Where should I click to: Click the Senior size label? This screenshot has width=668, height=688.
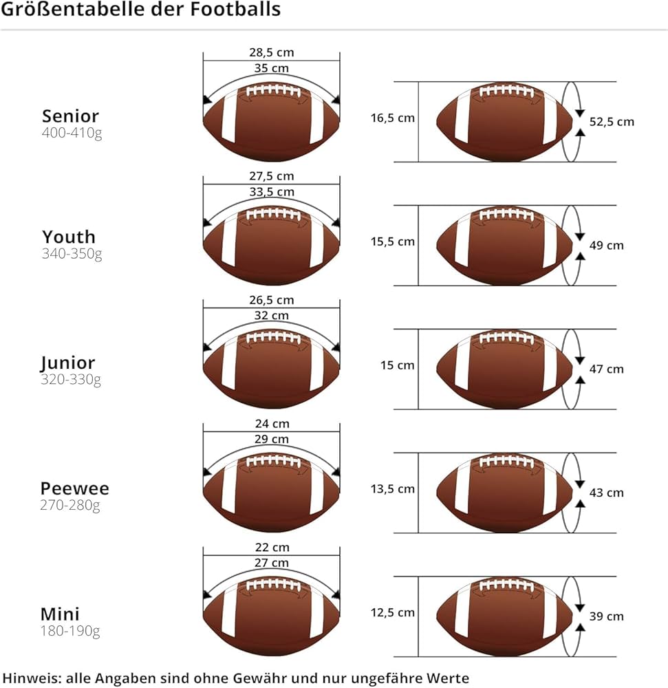tap(70, 116)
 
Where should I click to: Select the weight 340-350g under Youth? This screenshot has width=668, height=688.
tap(72, 254)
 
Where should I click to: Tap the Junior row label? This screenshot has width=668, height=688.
tap(67, 363)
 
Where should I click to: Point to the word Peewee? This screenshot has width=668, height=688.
tap(74, 489)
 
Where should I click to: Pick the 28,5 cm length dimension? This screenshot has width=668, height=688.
tap(271, 52)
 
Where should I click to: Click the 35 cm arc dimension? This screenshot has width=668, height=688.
tap(271, 68)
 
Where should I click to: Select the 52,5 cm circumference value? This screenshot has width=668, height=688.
tap(612, 122)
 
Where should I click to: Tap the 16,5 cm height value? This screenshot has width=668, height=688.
tap(393, 118)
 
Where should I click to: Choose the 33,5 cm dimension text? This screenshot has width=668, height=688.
tap(271, 192)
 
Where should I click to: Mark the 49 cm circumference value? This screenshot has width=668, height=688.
tap(606, 245)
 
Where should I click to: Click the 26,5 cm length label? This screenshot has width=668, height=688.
tap(271, 300)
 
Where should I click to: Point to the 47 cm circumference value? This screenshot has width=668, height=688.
tap(606, 369)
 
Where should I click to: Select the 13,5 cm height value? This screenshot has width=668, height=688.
tap(393, 488)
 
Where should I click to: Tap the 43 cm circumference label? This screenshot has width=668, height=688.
tap(606, 493)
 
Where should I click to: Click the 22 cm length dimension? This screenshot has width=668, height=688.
tap(271, 548)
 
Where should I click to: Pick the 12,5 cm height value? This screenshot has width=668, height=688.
tap(393, 612)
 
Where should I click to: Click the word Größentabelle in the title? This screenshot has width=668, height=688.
tap(61, 10)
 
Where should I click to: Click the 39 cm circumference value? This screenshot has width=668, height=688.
tap(606, 616)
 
